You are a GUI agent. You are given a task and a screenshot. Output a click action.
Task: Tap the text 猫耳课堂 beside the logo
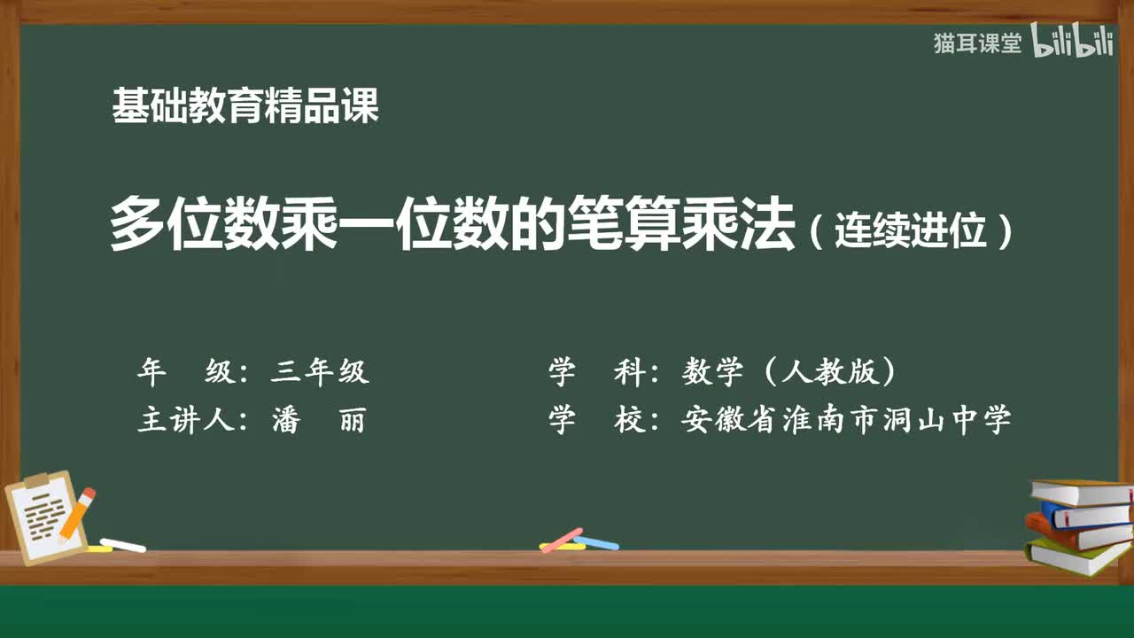[x=977, y=43]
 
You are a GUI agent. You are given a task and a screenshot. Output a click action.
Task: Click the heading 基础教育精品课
[x=245, y=106]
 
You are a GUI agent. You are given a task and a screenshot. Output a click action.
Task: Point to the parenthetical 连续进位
[x=911, y=232]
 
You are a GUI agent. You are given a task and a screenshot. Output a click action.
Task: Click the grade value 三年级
[x=319, y=372]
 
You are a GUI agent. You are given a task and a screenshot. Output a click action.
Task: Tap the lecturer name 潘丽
[x=318, y=420]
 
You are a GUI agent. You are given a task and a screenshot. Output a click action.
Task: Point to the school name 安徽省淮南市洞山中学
[x=846, y=420]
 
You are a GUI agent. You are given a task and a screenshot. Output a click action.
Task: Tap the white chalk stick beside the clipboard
[x=123, y=545]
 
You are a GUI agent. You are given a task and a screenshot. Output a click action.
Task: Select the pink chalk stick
[x=562, y=539]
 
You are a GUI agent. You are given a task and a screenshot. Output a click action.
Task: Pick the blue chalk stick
[x=596, y=542]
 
